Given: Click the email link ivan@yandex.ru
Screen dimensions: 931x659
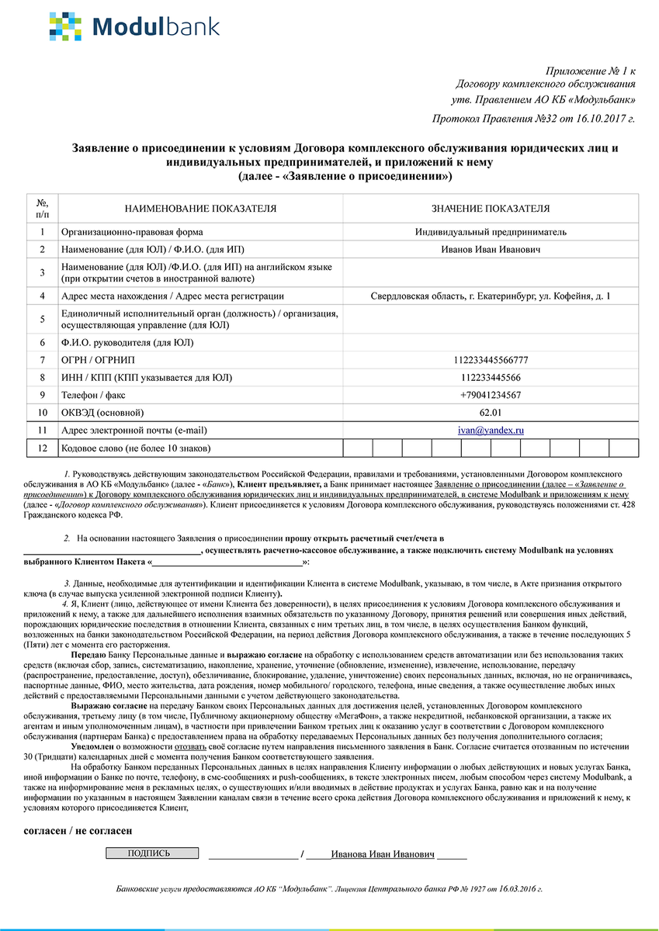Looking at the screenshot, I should click(491, 430).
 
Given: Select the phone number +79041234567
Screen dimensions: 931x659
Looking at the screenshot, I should click(491, 395).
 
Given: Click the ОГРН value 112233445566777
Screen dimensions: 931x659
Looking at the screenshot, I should click(491, 360).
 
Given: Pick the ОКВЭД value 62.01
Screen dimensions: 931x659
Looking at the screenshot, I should click(491, 412).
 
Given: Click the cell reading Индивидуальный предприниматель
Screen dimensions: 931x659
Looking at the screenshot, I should click(491, 232).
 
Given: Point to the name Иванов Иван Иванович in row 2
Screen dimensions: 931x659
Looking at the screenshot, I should click(491, 249).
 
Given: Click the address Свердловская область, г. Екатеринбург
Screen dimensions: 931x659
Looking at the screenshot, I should click(491, 296).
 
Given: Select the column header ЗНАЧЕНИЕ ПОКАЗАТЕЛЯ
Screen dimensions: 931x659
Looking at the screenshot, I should click(491, 209).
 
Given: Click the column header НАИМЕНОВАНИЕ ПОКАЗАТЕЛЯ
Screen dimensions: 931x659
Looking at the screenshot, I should click(200, 209).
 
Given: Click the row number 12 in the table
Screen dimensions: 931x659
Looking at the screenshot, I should click(42, 448).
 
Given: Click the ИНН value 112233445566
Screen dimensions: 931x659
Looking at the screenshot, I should click(491, 378).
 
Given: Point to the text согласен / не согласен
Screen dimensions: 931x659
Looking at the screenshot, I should click(78, 830).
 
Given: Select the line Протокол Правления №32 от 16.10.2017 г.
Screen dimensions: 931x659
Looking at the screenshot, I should click(532, 119).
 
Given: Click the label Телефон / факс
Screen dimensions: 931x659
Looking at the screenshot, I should click(96, 395).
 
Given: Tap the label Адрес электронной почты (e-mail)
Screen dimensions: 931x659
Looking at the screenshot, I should click(134, 430).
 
